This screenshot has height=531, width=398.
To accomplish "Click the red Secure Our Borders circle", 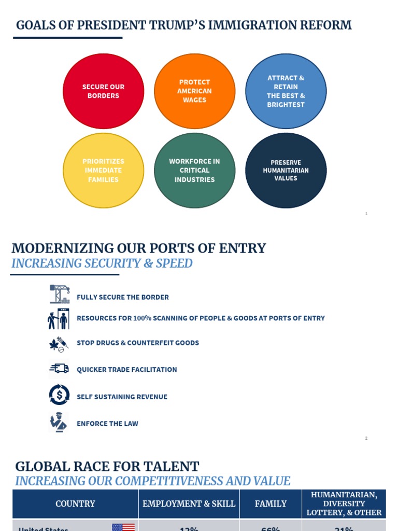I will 103,91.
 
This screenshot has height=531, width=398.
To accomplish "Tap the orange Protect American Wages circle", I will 194,91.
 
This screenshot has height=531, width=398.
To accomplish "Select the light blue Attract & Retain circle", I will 286,91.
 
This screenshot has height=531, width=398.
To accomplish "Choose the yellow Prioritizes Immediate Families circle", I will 103,171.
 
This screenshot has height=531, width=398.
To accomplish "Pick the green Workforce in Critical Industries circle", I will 194,171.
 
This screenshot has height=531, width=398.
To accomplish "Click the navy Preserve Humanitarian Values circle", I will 286,171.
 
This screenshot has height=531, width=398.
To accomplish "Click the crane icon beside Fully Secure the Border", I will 59,294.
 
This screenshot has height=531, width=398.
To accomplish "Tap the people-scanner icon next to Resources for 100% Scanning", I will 59,318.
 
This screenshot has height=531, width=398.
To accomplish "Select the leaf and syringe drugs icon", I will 59,343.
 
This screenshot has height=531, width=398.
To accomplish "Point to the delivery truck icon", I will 59,368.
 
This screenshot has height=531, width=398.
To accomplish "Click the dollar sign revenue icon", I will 59,395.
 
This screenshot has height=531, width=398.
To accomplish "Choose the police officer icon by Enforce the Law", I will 59,422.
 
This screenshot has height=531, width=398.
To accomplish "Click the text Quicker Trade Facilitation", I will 127,370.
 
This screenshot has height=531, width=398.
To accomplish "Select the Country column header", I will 75,504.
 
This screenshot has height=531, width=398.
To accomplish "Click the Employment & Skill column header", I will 189,504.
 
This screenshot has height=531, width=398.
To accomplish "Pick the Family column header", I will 271,504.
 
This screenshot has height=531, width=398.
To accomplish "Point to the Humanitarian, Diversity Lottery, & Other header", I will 344,504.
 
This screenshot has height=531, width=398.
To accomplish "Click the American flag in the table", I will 123,527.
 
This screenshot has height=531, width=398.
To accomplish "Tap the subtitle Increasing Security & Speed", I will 102,263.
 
